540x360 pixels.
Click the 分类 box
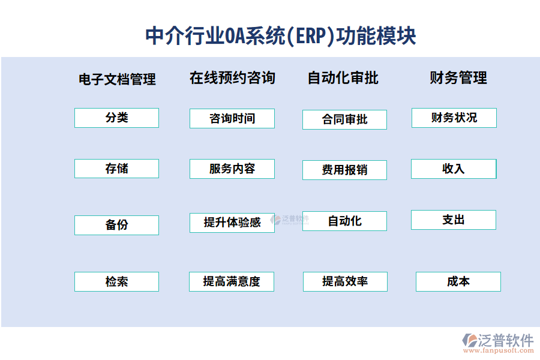point(116,118)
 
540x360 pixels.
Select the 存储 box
point(116,169)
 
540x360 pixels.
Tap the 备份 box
point(116,225)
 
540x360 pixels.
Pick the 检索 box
point(116,281)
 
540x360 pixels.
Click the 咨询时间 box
point(232,118)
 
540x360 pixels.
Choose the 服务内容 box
point(232,169)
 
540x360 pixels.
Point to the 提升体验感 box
point(232,223)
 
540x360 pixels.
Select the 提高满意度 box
point(232,281)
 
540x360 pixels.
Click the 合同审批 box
point(344,119)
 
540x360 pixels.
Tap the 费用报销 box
point(344,170)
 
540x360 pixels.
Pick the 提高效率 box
point(345,281)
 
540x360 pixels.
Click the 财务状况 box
point(454,118)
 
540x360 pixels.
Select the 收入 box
point(454,169)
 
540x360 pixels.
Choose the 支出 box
point(454,220)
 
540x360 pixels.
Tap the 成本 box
point(458,281)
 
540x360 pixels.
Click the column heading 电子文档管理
point(117,79)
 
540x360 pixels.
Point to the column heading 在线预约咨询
point(232,78)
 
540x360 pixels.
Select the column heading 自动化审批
point(343,78)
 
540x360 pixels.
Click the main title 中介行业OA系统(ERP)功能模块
point(281,35)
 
